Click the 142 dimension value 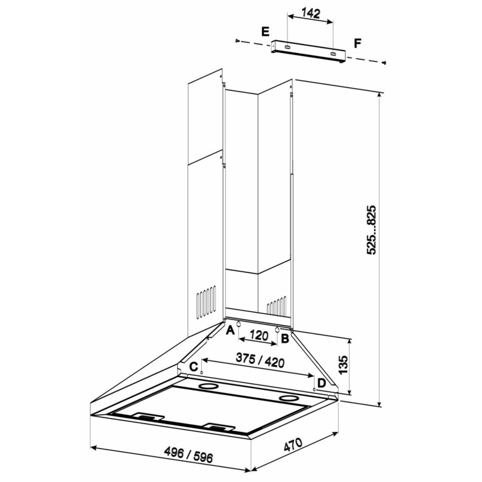pos(311,13)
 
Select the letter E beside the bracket pos(265,32)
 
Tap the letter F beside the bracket pos(357,43)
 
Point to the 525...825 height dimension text pos(371,230)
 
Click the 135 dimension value pos(343,365)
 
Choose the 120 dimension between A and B pos(259,336)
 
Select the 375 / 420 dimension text pos(260,360)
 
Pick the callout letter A pos(230,330)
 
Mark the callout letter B pos(285,339)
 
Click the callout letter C pos(193,367)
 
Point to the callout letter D pos(321,383)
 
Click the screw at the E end pos(237,40)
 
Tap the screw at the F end pos(383,63)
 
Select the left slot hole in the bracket pos(288,48)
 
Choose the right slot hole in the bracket pos(333,54)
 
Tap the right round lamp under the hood pos(289,399)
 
